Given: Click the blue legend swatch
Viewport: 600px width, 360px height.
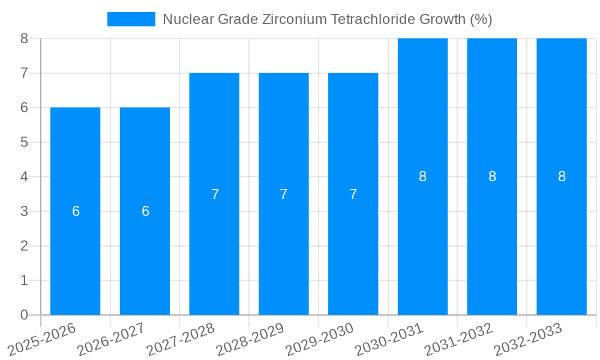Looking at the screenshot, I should tap(131, 19).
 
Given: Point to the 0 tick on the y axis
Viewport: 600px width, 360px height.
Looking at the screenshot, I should tap(24, 315).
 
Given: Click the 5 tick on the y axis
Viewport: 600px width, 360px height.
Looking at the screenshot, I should tap(24, 142).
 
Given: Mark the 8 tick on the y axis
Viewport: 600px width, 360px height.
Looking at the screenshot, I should tap(24, 38).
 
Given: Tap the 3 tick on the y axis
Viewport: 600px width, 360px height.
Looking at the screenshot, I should tap(24, 211).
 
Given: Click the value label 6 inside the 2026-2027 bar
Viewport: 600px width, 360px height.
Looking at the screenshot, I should tap(145, 211).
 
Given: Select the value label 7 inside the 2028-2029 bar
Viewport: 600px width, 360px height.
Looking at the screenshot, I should tap(284, 194).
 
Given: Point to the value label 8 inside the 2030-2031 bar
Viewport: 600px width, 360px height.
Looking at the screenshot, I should tap(422, 176).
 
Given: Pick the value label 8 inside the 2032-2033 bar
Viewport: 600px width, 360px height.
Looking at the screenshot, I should tap(562, 176).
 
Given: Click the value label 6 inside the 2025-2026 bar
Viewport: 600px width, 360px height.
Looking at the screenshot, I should tap(76, 211).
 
